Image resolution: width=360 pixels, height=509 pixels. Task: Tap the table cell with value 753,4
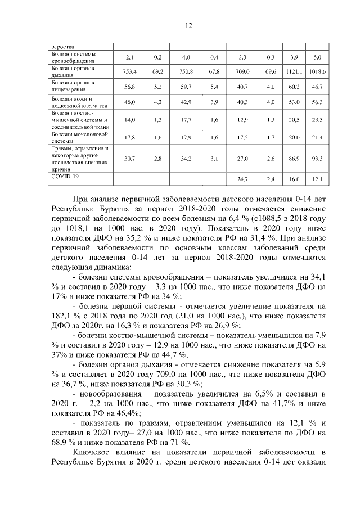click(x=130, y=71)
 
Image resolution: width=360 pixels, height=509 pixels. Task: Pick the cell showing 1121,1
click(x=293, y=71)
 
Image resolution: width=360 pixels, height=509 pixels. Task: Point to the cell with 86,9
click(x=293, y=160)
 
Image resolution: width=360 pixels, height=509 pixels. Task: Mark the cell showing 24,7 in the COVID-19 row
click(x=244, y=179)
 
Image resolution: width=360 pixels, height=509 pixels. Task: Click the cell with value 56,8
click(x=130, y=87)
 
